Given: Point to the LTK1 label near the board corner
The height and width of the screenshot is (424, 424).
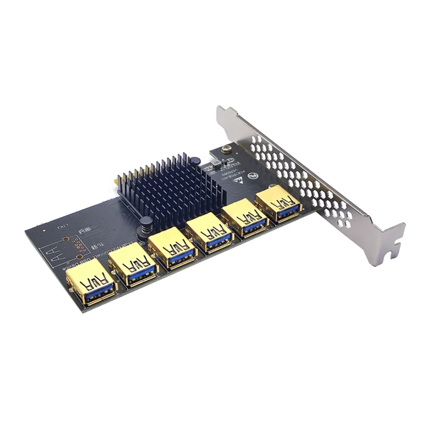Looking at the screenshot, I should tap(62, 226).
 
